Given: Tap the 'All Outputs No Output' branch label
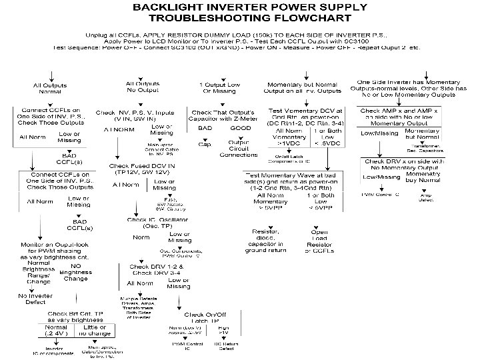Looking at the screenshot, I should pos(143,87).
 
